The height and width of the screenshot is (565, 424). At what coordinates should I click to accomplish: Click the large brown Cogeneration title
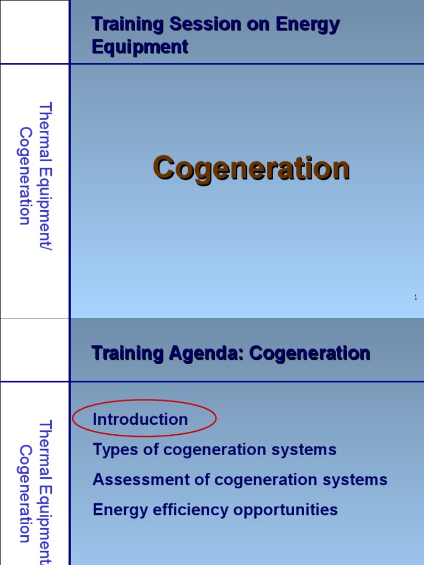(251, 168)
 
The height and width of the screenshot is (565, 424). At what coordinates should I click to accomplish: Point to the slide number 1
(415, 298)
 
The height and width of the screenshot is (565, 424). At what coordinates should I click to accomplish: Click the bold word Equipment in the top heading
(140, 47)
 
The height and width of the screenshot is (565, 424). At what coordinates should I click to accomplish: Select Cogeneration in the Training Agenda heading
(309, 353)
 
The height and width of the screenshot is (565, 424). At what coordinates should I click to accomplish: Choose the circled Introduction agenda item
(140, 419)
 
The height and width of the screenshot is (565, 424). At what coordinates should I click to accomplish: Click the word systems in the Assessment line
(359, 479)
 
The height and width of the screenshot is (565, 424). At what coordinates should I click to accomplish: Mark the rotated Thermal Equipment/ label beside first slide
(45, 177)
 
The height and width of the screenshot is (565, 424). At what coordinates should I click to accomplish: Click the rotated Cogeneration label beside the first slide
(25, 177)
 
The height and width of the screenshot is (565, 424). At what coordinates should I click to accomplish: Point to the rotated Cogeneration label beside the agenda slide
(25, 494)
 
